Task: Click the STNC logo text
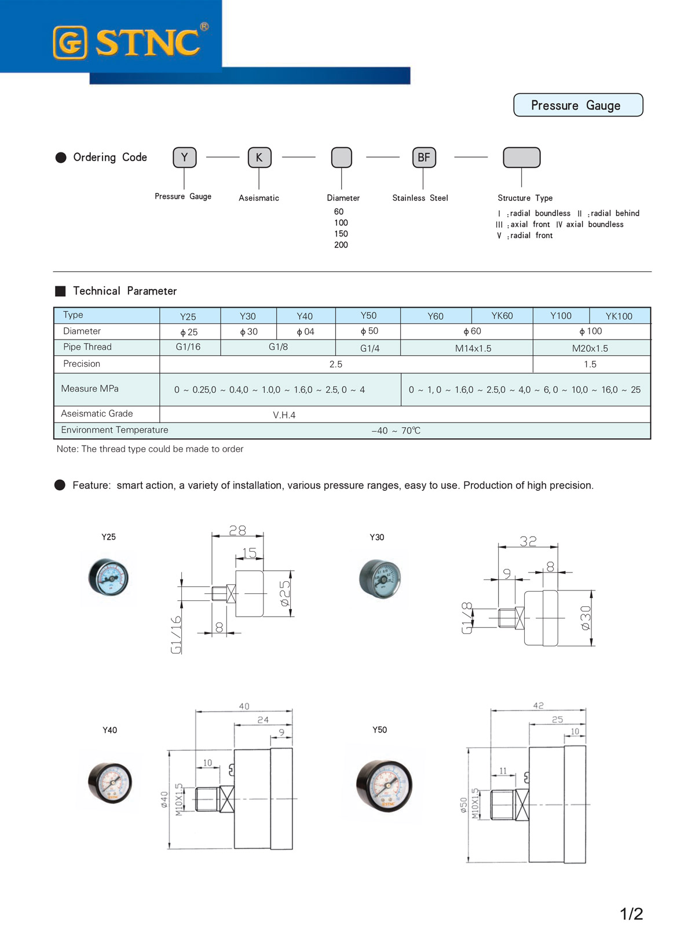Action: pos(148,42)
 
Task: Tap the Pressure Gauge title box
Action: pos(577,105)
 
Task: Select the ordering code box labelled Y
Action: pos(184,157)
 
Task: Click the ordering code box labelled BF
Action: pos(424,157)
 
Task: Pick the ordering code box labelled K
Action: pos(259,157)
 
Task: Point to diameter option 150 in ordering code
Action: pos(341,234)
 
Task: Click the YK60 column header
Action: pos(502,316)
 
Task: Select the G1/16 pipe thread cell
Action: pos(188,347)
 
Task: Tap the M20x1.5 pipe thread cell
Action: pos(590,348)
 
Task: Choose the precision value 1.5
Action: pos(590,364)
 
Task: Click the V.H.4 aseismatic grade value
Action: pos(284,415)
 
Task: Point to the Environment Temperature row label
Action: pos(115,430)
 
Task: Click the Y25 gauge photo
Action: pos(108,578)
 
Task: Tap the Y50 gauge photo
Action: pos(384,785)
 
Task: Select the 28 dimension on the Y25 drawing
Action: pos(237,530)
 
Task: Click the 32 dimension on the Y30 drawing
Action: pos(528,541)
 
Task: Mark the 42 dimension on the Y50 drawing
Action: pos(538,705)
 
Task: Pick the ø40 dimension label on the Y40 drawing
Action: pos(164,799)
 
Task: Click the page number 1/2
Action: pos(631,914)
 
